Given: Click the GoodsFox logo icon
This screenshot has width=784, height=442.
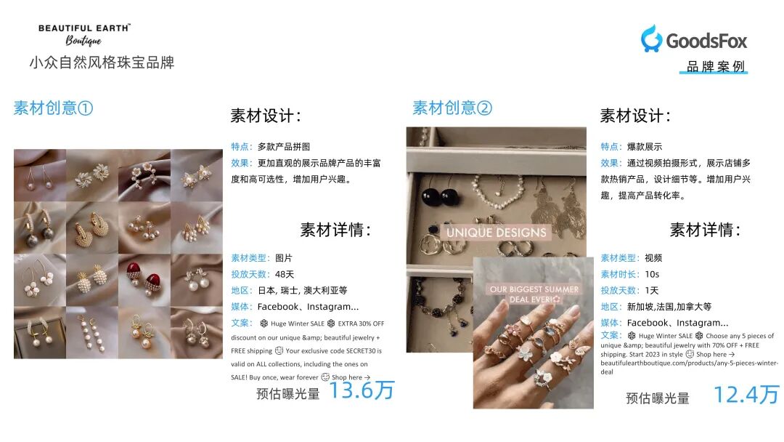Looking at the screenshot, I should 651,39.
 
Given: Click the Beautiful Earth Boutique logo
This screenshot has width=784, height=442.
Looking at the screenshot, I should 84,33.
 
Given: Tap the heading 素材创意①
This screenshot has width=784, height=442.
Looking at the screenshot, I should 53,108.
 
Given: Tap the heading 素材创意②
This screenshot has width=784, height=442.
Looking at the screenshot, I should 452,108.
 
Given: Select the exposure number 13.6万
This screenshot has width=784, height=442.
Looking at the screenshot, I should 362,390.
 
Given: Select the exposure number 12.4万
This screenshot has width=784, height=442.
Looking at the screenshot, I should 746,395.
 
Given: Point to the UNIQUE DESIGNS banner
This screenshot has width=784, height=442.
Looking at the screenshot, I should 496,233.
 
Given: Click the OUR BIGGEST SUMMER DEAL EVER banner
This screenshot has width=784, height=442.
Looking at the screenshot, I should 534,294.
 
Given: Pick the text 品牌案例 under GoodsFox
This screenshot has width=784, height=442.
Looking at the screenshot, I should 715,67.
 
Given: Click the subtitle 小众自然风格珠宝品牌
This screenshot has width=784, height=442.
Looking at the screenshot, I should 102,63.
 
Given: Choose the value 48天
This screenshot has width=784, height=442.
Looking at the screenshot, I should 285,274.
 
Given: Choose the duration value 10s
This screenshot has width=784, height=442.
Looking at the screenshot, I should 652,274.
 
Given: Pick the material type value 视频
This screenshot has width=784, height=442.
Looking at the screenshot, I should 653,258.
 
